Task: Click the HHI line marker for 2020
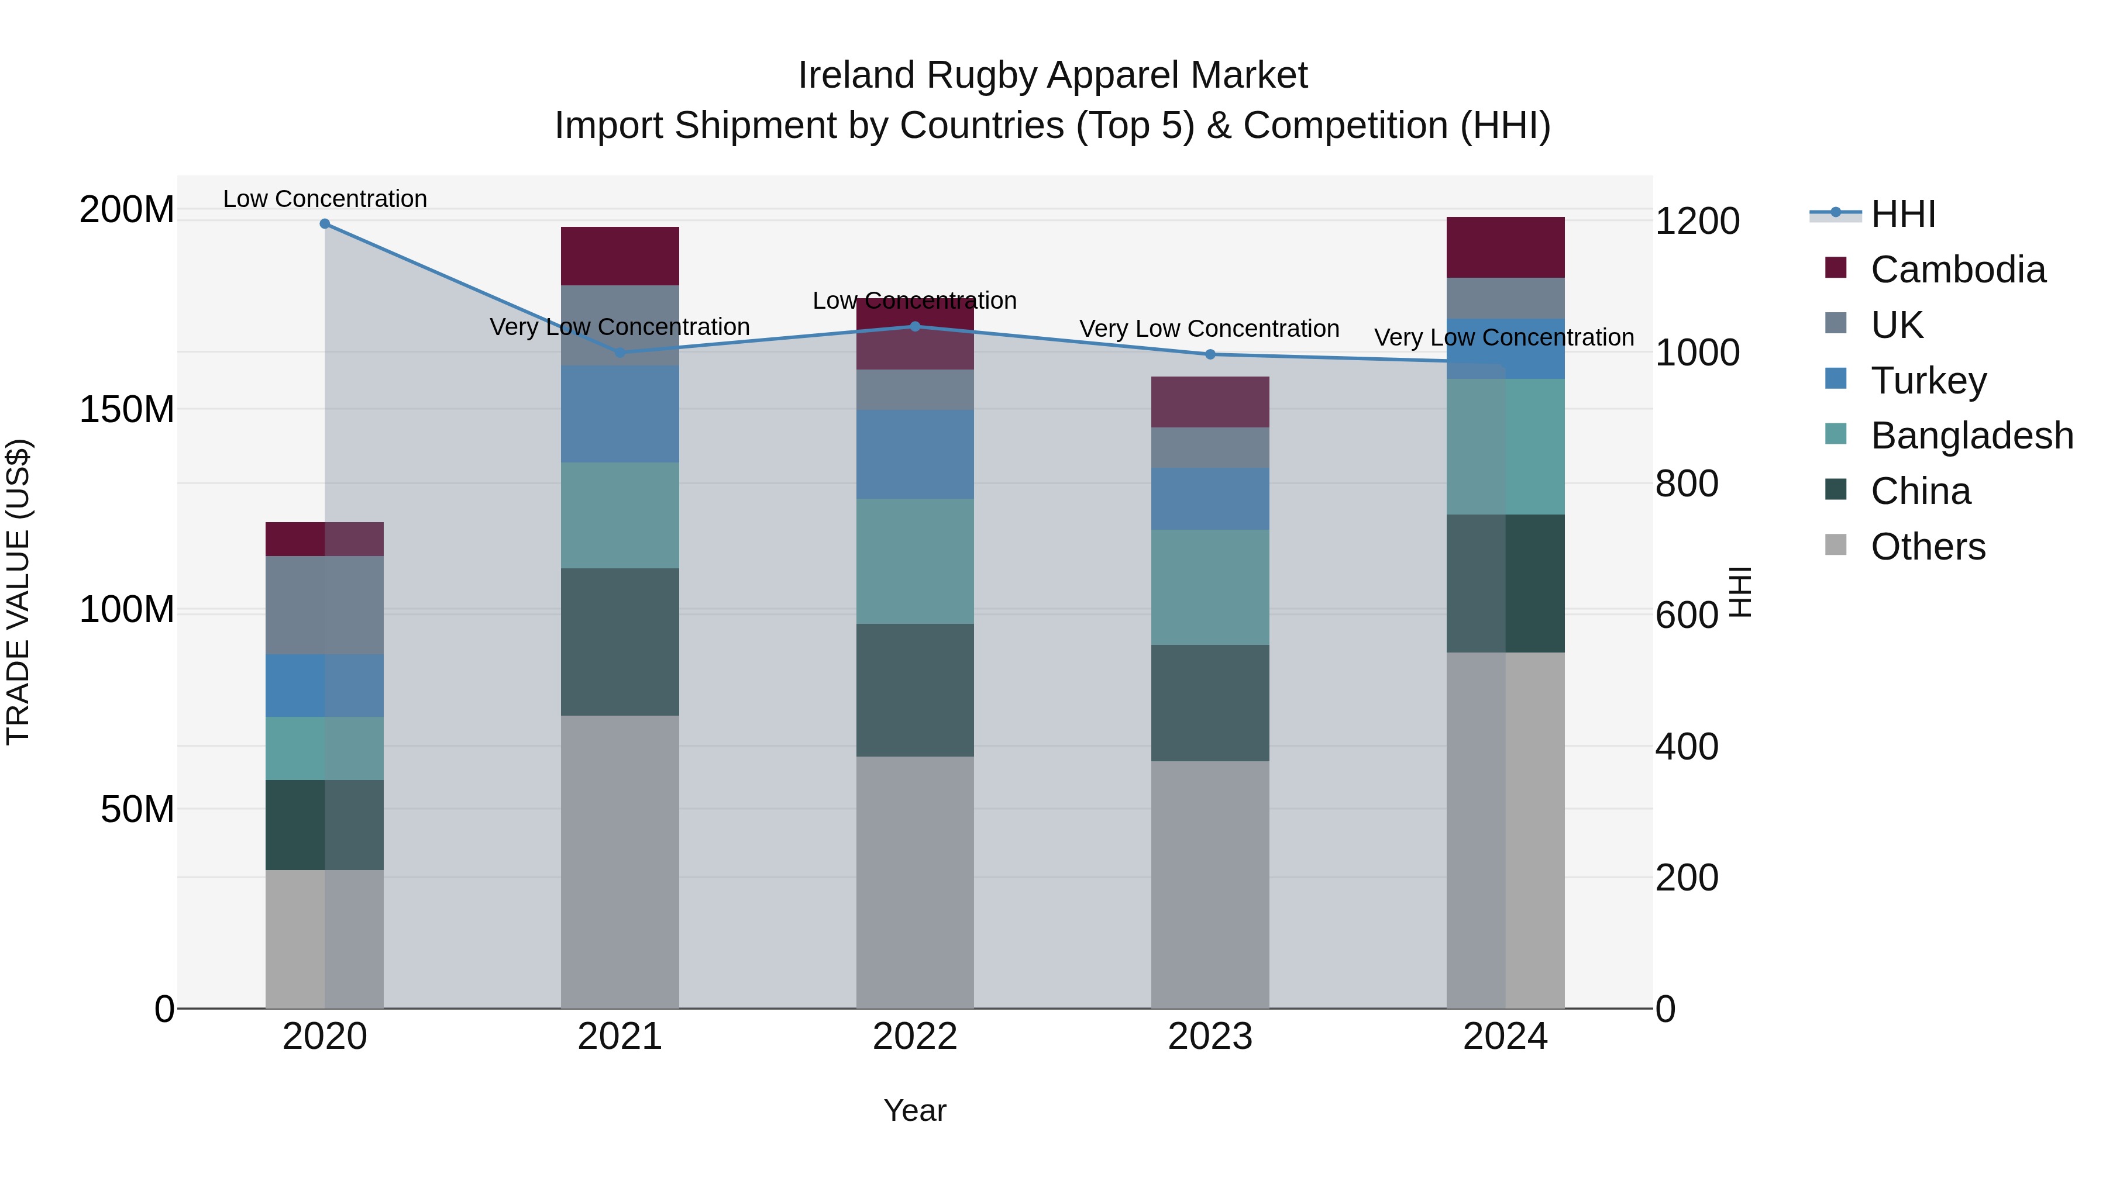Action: [325, 224]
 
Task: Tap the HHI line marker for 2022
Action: [915, 327]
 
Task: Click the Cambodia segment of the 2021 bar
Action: [620, 256]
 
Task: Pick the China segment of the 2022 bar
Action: [915, 690]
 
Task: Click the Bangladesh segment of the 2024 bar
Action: [1505, 446]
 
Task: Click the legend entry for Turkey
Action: [1928, 381]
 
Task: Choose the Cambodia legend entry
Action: [1957, 270]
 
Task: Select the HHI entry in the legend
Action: [1902, 214]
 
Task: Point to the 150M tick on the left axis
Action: [127, 409]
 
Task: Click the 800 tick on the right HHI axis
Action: [1686, 484]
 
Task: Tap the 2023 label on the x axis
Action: [1210, 1037]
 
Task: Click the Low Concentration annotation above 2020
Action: [325, 199]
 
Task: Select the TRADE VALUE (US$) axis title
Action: [18, 592]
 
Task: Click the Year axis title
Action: [915, 1110]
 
